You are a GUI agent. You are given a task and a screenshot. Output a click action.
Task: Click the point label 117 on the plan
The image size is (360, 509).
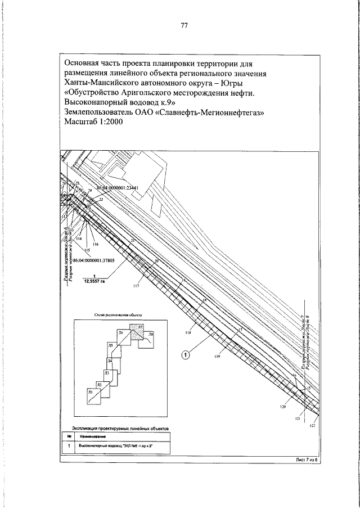click(x=136, y=286)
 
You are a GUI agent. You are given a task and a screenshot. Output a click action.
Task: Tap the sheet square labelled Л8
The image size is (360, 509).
click(x=150, y=340)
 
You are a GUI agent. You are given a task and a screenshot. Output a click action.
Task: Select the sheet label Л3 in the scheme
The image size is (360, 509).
click(x=106, y=373)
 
